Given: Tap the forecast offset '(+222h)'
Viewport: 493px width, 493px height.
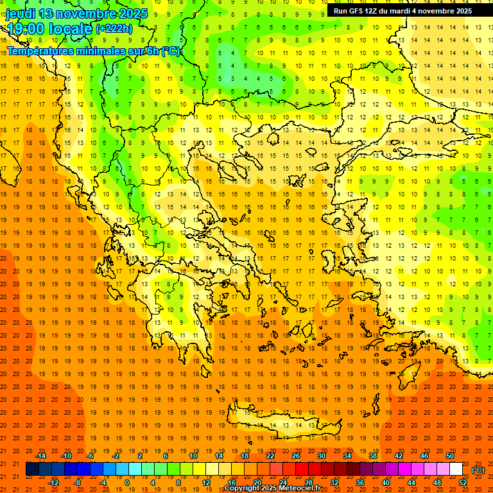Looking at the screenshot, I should tap(114, 28).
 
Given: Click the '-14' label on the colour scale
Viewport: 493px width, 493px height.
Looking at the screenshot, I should tap(40, 455).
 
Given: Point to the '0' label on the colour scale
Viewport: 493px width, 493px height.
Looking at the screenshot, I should tap(126, 483).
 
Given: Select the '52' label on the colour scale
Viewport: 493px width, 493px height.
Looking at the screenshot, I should tap(463, 483).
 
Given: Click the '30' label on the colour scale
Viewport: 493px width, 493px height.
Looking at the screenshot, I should tap(322, 455).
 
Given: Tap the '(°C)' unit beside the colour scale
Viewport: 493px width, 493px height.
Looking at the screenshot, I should tap(478, 470).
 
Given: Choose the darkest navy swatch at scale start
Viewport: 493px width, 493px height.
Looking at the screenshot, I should tap(32, 469).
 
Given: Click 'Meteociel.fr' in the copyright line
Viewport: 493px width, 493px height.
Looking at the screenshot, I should tap(299, 489).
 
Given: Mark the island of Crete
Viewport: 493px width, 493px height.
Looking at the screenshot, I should tap(289, 425).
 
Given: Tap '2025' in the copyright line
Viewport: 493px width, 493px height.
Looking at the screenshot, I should tap(268, 489).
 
